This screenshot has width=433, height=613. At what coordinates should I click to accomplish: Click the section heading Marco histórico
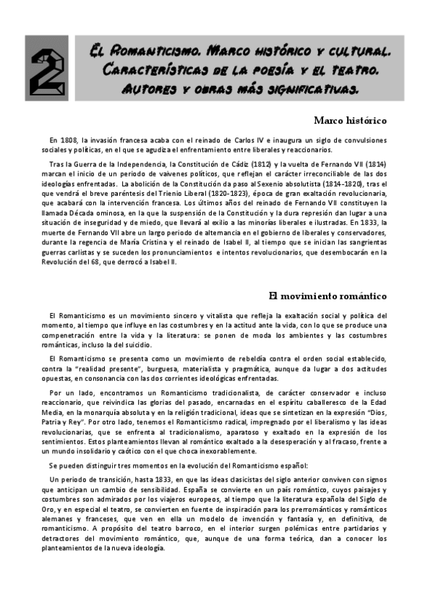point(351,120)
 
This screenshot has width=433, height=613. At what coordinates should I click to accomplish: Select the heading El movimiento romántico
point(327,296)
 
